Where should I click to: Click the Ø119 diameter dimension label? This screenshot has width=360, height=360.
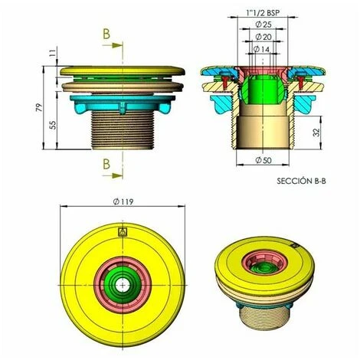point(123,201)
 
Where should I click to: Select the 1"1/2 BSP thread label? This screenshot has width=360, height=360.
point(263,13)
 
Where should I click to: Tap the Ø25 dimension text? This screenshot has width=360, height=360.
point(263,25)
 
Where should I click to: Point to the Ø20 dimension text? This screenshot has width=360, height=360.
point(263,37)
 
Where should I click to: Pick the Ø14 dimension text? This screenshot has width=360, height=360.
point(262,49)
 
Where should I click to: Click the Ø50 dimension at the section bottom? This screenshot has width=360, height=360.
point(263,160)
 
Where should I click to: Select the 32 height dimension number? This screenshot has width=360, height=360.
point(316,133)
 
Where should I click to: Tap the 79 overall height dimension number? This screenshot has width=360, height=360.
point(39,107)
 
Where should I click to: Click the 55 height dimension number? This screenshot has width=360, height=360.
point(53,125)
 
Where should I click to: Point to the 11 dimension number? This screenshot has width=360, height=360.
point(52,54)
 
